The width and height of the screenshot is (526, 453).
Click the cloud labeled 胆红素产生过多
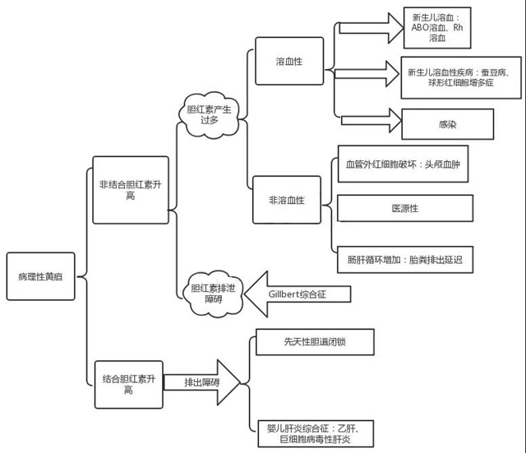point(209,114)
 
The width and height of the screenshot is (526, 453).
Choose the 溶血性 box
point(288,61)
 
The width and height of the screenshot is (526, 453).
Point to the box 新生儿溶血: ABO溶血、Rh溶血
point(437,28)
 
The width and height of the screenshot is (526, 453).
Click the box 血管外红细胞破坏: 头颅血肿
point(404,164)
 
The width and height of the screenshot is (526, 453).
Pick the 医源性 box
point(404,209)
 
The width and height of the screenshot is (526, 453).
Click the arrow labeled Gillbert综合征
point(296,294)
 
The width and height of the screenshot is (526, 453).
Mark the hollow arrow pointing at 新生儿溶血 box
point(370,27)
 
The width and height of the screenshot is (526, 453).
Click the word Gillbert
point(287,294)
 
